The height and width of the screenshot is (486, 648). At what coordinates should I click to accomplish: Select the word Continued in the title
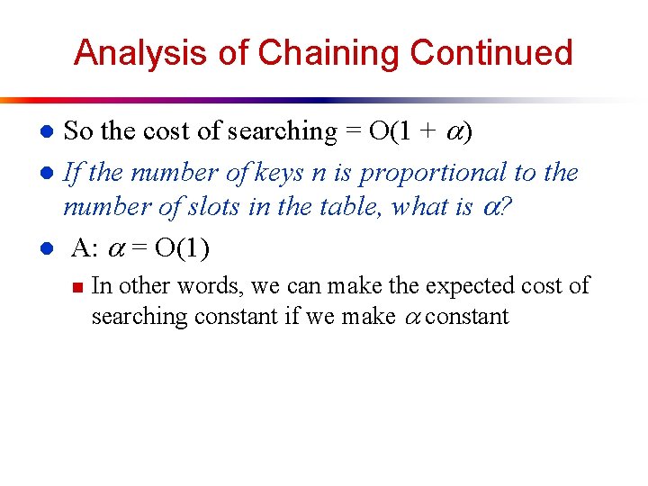490,53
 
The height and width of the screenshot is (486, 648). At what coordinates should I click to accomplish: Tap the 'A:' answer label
85,247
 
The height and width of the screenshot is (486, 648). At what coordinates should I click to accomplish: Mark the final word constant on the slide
469,317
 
